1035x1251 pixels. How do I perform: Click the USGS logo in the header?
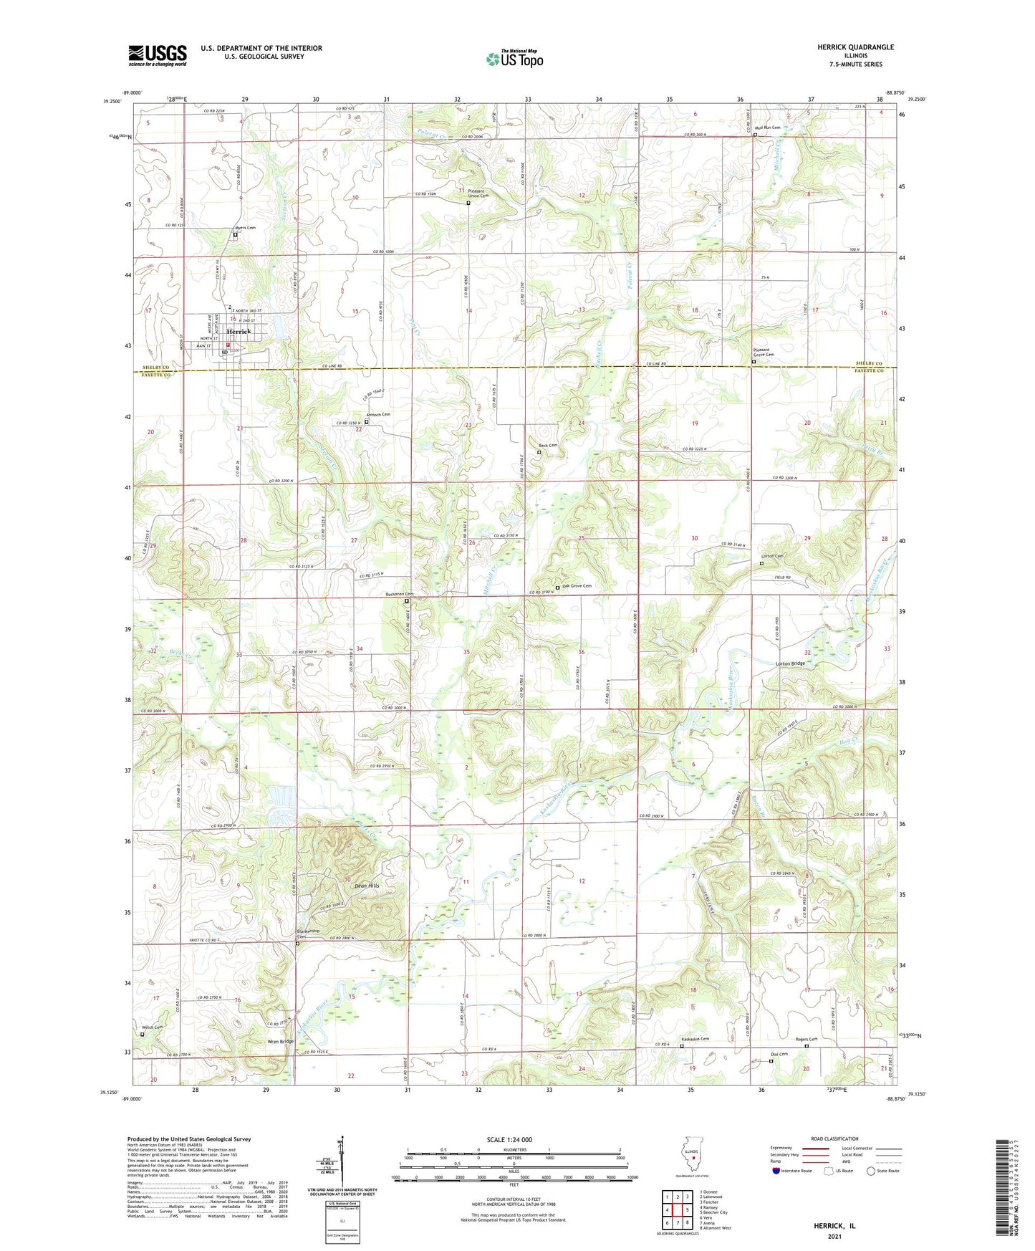(158, 55)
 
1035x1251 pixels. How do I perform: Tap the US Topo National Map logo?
(514, 58)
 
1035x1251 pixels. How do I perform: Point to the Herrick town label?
(239, 332)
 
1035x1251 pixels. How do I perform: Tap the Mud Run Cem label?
(767, 128)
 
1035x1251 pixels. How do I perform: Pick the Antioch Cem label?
(378, 415)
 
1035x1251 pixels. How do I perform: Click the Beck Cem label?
(548, 445)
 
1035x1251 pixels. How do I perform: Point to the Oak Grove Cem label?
(577, 586)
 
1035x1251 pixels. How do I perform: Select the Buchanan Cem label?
(400, 594)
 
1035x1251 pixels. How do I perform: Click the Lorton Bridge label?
(790, 663)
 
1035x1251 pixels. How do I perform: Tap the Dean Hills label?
(367, 886)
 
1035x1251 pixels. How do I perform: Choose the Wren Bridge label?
(280, 1042)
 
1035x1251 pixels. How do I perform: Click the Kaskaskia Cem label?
(695, 1039)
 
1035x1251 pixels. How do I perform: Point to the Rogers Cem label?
(806, 1039)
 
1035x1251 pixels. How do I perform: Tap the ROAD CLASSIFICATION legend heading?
(834, 1139)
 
